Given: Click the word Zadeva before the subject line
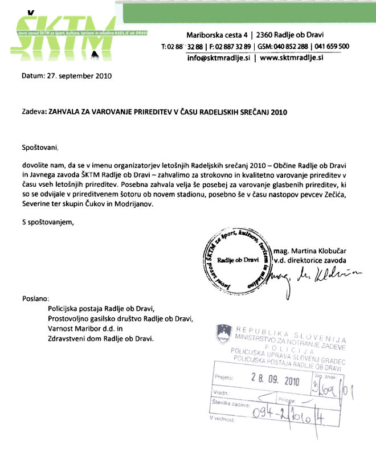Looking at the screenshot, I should (34, 112).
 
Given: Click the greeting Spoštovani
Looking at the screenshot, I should (40, 147).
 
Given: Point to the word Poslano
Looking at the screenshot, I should (36, 298).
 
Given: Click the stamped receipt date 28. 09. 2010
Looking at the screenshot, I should (275, 378).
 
